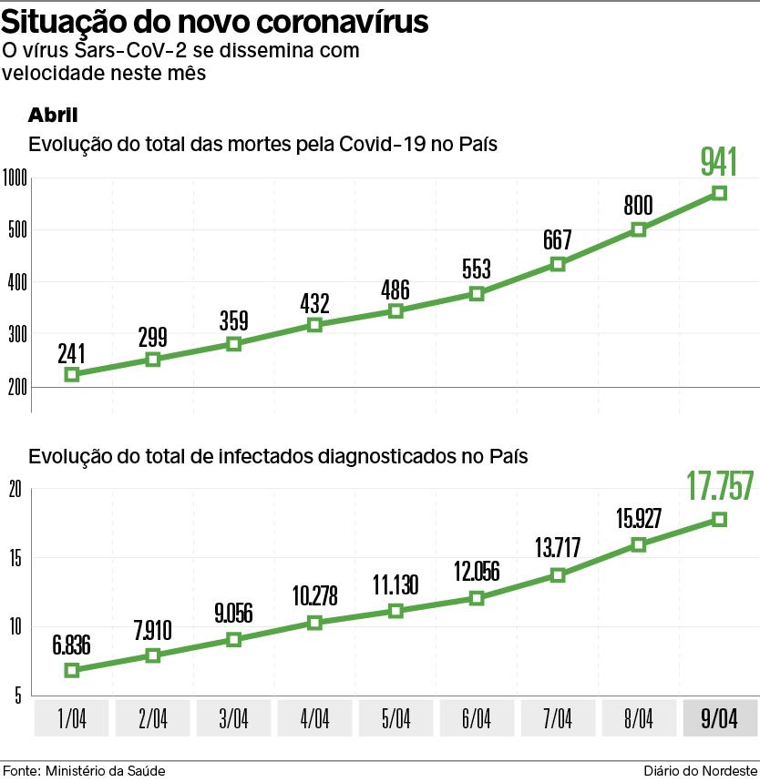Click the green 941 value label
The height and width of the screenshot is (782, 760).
(718, 161)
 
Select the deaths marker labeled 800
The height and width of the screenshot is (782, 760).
(638, 229)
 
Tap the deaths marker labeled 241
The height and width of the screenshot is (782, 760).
(72, 374)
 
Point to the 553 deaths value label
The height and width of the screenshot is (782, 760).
(477, 269)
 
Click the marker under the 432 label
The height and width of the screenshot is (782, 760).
(314, 325)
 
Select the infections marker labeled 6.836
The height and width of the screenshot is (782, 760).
(72, 670)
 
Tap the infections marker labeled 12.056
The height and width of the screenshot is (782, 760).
(477, 598)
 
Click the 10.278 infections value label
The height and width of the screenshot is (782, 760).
(314, 596)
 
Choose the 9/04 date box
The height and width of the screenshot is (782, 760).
(719, 718)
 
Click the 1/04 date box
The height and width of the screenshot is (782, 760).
(72, 718)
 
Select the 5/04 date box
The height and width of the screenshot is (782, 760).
(395, 718)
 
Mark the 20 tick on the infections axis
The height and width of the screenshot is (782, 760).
(14, 490)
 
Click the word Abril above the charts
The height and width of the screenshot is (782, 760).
(53, 115)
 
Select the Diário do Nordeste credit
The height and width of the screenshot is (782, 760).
(701, 770)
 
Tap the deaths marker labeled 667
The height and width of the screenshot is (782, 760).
(558, 264)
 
